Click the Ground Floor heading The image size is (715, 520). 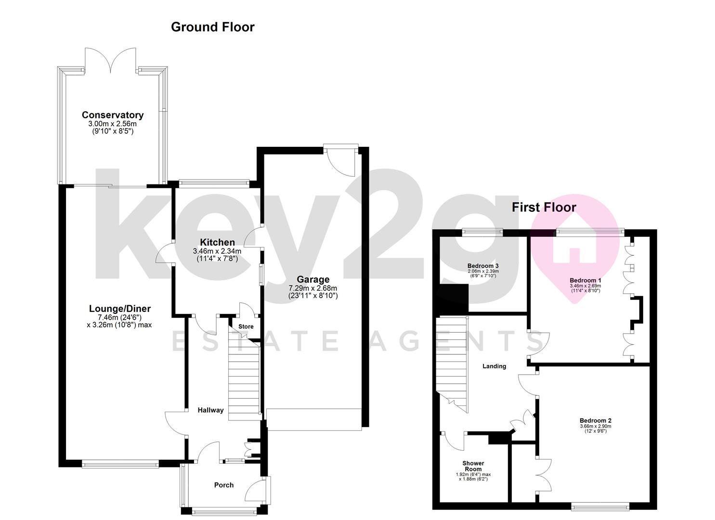click(x=213, y=27)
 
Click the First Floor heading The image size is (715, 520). click(x=544, y=208)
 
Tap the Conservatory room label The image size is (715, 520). click(x=113, y=115)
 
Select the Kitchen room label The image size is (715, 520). click(x=217, y=242)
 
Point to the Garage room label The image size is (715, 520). click(x=313, y=280)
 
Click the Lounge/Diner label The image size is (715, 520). click(x=120, y=309)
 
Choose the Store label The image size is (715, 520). click(x=246, y=326)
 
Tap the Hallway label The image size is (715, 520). click(x=211, y=410)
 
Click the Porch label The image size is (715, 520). click(x=224, y=485)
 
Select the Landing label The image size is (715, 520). click(x=494, y=366)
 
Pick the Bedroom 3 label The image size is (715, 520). click(x=483, y=266)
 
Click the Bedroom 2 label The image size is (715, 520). click(x=596, y=420)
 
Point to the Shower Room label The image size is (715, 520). click(x=473, y=466)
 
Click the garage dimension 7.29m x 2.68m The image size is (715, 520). click(x=313, y=288)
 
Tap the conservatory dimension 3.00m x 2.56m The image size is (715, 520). click(x=112, y=124)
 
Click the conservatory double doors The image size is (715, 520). click(x=110, y=59)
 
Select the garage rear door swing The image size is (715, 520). click(x=341, y=163)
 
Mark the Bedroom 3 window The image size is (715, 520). click(x=482, y=232)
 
